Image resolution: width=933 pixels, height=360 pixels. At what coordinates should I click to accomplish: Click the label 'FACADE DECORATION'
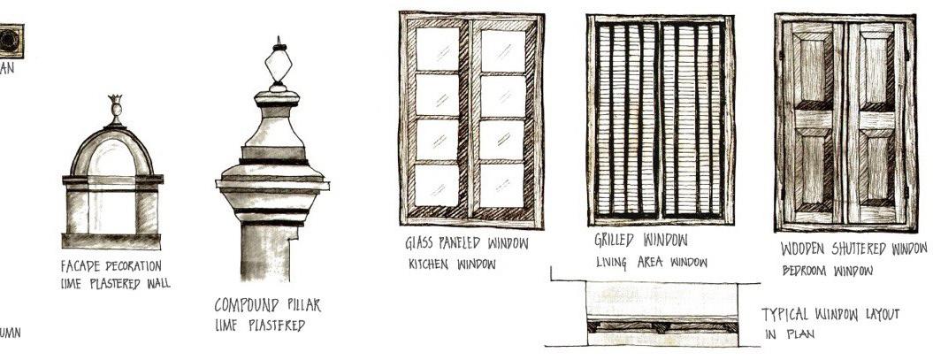[112, 266]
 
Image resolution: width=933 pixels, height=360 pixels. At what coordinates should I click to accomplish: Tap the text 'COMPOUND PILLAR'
[268, 305]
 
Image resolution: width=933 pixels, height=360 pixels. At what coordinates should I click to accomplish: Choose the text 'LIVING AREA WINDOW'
[651, 262]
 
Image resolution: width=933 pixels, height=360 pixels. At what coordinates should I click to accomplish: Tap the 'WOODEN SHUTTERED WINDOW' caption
[853, 249]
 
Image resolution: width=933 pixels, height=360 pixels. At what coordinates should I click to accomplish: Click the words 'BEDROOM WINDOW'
[827, 270]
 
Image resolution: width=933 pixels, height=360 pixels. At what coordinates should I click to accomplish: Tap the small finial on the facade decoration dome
[114, 108]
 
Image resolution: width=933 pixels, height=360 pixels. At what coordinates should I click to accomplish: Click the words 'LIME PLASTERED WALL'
[115, 283]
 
